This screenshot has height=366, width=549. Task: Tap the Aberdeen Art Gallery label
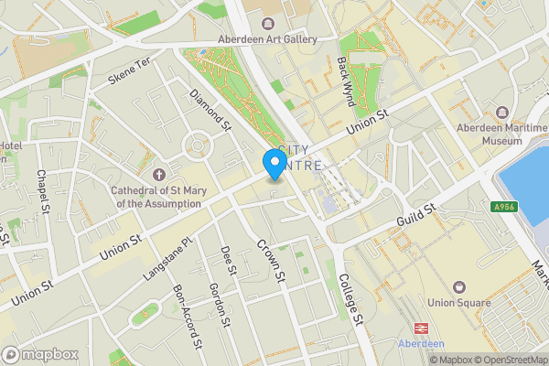(267, 39)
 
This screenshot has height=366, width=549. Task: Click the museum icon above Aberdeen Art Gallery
(267, 23)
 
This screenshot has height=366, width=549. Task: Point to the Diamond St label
(207, 108)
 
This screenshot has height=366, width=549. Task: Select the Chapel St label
(42, 193)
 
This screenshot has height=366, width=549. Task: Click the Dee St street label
(229, 260)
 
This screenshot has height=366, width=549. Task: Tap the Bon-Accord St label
(187, 317)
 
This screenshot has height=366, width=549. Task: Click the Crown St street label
(273, 262)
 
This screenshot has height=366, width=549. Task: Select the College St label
(351, 300)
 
